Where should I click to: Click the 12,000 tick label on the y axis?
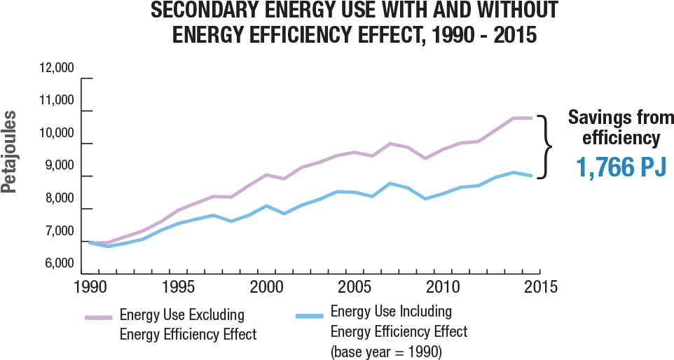pyautogui.click(x=57, y=69)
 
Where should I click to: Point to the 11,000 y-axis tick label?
pyautogui.click(x=57, y=101)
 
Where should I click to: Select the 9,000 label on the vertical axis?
pyautogui.click(x=59, y=166)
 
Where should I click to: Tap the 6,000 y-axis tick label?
pyautogui.click(x=59, y=264)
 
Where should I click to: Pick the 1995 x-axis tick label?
pyautogui.click(x=178, y=287)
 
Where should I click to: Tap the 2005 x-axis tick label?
pyautogui.click(x=355, y=287)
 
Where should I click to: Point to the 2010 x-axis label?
pyautogui.click(x=442, y=287)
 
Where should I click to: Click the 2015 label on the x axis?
pyautogui.click(x=539, y=287)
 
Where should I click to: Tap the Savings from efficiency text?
pyautogui.click(x=619, y=127)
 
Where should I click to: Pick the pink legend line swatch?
pyautogui.click(x=99, y=317)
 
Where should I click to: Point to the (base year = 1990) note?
pyautogui.click(x=385, y=351)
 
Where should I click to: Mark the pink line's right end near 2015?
pyautogui.click(x=531, y=118)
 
